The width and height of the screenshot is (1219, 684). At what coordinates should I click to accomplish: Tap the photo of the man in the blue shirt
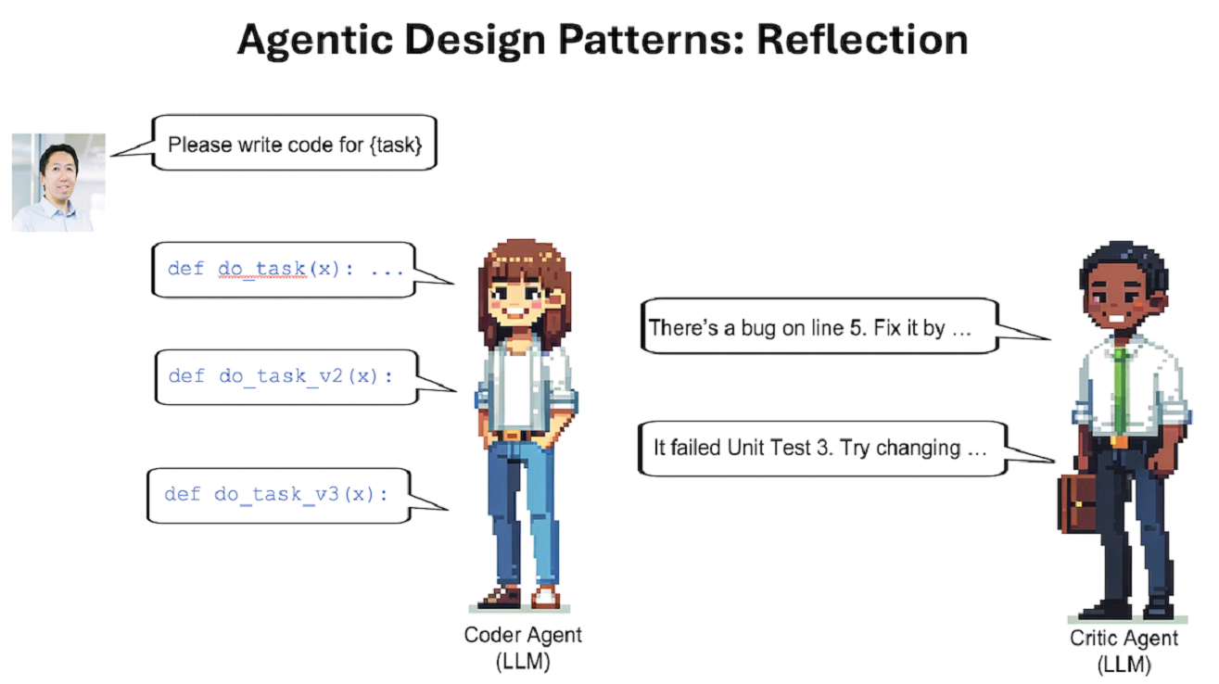click(57, 182)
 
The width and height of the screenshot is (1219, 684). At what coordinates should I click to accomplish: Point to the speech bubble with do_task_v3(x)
click(278, 495)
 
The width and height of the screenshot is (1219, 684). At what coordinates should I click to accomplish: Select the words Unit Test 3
click(850, 448)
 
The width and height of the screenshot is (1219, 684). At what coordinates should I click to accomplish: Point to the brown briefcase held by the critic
click(1078, 504)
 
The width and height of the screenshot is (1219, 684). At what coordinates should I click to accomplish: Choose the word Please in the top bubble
click(197, 145)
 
